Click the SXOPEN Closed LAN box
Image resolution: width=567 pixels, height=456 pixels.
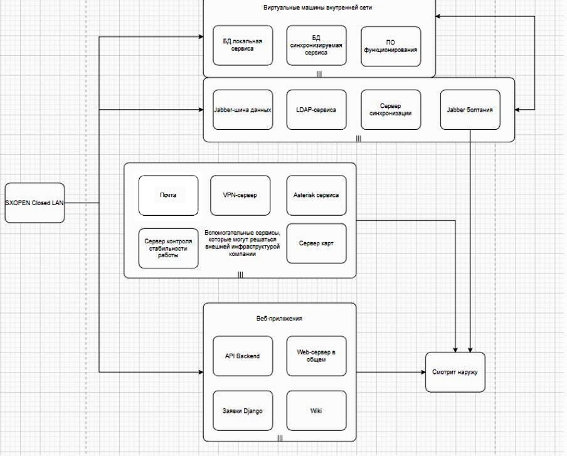click(x=34, y=203)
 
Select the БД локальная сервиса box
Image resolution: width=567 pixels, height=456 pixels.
click(x=242, y=45)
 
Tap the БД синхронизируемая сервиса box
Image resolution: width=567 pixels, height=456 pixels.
click(x=316, y=45)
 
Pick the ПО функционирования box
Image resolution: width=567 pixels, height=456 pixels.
click(x=390, y=45)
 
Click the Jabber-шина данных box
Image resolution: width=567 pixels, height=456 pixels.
click(x=242, y=110)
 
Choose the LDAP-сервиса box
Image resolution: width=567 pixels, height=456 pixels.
click(x=316, y=110)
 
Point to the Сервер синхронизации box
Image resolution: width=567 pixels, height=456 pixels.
click(x=390, y=110)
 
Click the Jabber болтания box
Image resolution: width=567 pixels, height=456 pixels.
click(x=470, y=110)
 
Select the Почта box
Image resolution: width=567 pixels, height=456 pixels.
click(x=168, y=195)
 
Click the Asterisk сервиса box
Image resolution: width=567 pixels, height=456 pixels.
click(x=316, y=195)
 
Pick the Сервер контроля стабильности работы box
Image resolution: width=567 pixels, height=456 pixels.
click(x=168, y=248)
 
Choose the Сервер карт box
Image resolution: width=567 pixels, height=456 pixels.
click(x=316, y=243)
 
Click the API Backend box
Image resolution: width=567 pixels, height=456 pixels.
click(x=242, y=356)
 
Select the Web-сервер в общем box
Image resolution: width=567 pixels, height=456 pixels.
click(x=316, y=356)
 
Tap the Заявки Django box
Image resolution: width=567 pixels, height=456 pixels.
click(x=242, y=411)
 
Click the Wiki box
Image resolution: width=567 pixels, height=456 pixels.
click(x=316, y=411)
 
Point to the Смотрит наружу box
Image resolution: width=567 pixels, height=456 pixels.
click(x=455, y=373)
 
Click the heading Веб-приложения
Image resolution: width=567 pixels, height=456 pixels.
click(x=280, y=319)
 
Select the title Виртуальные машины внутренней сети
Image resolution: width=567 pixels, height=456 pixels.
click(x=320, y=8)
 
